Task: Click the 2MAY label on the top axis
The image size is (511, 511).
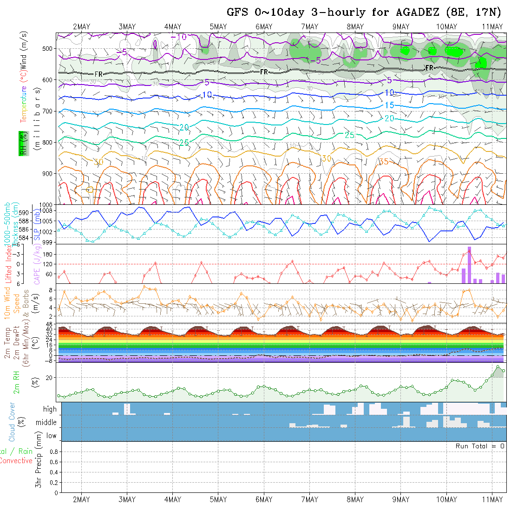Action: click(x=81, y=26)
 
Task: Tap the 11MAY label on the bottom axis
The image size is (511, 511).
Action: click(x=492, y=499)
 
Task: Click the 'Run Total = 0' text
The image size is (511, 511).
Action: click(x=480, y=446)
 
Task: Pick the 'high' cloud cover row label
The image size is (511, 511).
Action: click(x=50, y=409)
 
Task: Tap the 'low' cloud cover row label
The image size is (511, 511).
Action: click(x=51, y=436)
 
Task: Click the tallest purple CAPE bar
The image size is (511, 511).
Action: click(x=469, y=265)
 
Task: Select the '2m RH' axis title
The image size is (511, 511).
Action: click(x=17, y=382)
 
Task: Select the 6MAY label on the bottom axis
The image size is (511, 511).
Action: click(x=264, y=499)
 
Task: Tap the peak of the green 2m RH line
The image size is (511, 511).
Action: click(x=498, y=367)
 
